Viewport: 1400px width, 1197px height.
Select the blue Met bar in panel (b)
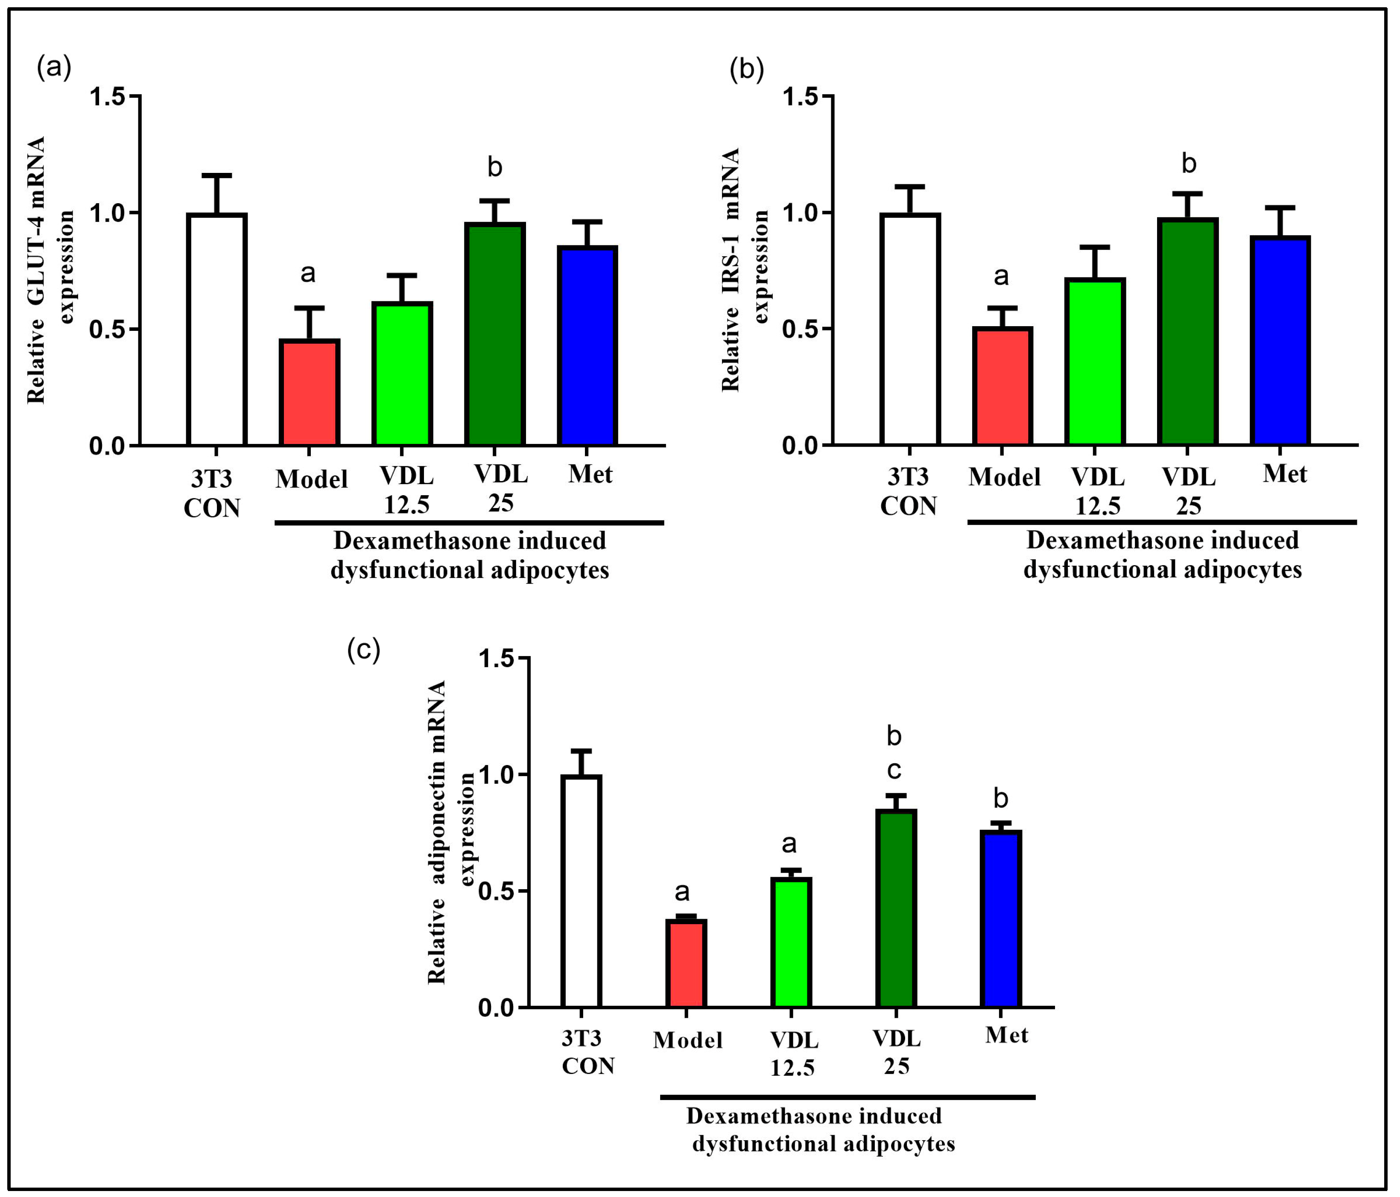pos(1280,341)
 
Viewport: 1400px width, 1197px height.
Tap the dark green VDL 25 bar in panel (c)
pos(896,908)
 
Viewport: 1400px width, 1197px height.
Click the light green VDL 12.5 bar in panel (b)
pos(1095,362)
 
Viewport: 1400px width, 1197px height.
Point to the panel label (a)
pos(54,67)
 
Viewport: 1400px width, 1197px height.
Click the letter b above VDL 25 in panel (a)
pos(494,167)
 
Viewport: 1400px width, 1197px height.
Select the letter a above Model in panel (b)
pos(1001,276)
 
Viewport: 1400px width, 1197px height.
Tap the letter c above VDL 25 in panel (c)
pos(894,770)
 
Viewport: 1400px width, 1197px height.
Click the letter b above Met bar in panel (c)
pos(1001,798)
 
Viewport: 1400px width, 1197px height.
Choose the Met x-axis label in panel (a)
pos(590,474)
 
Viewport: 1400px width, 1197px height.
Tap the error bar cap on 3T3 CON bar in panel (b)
pos(910,187)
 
